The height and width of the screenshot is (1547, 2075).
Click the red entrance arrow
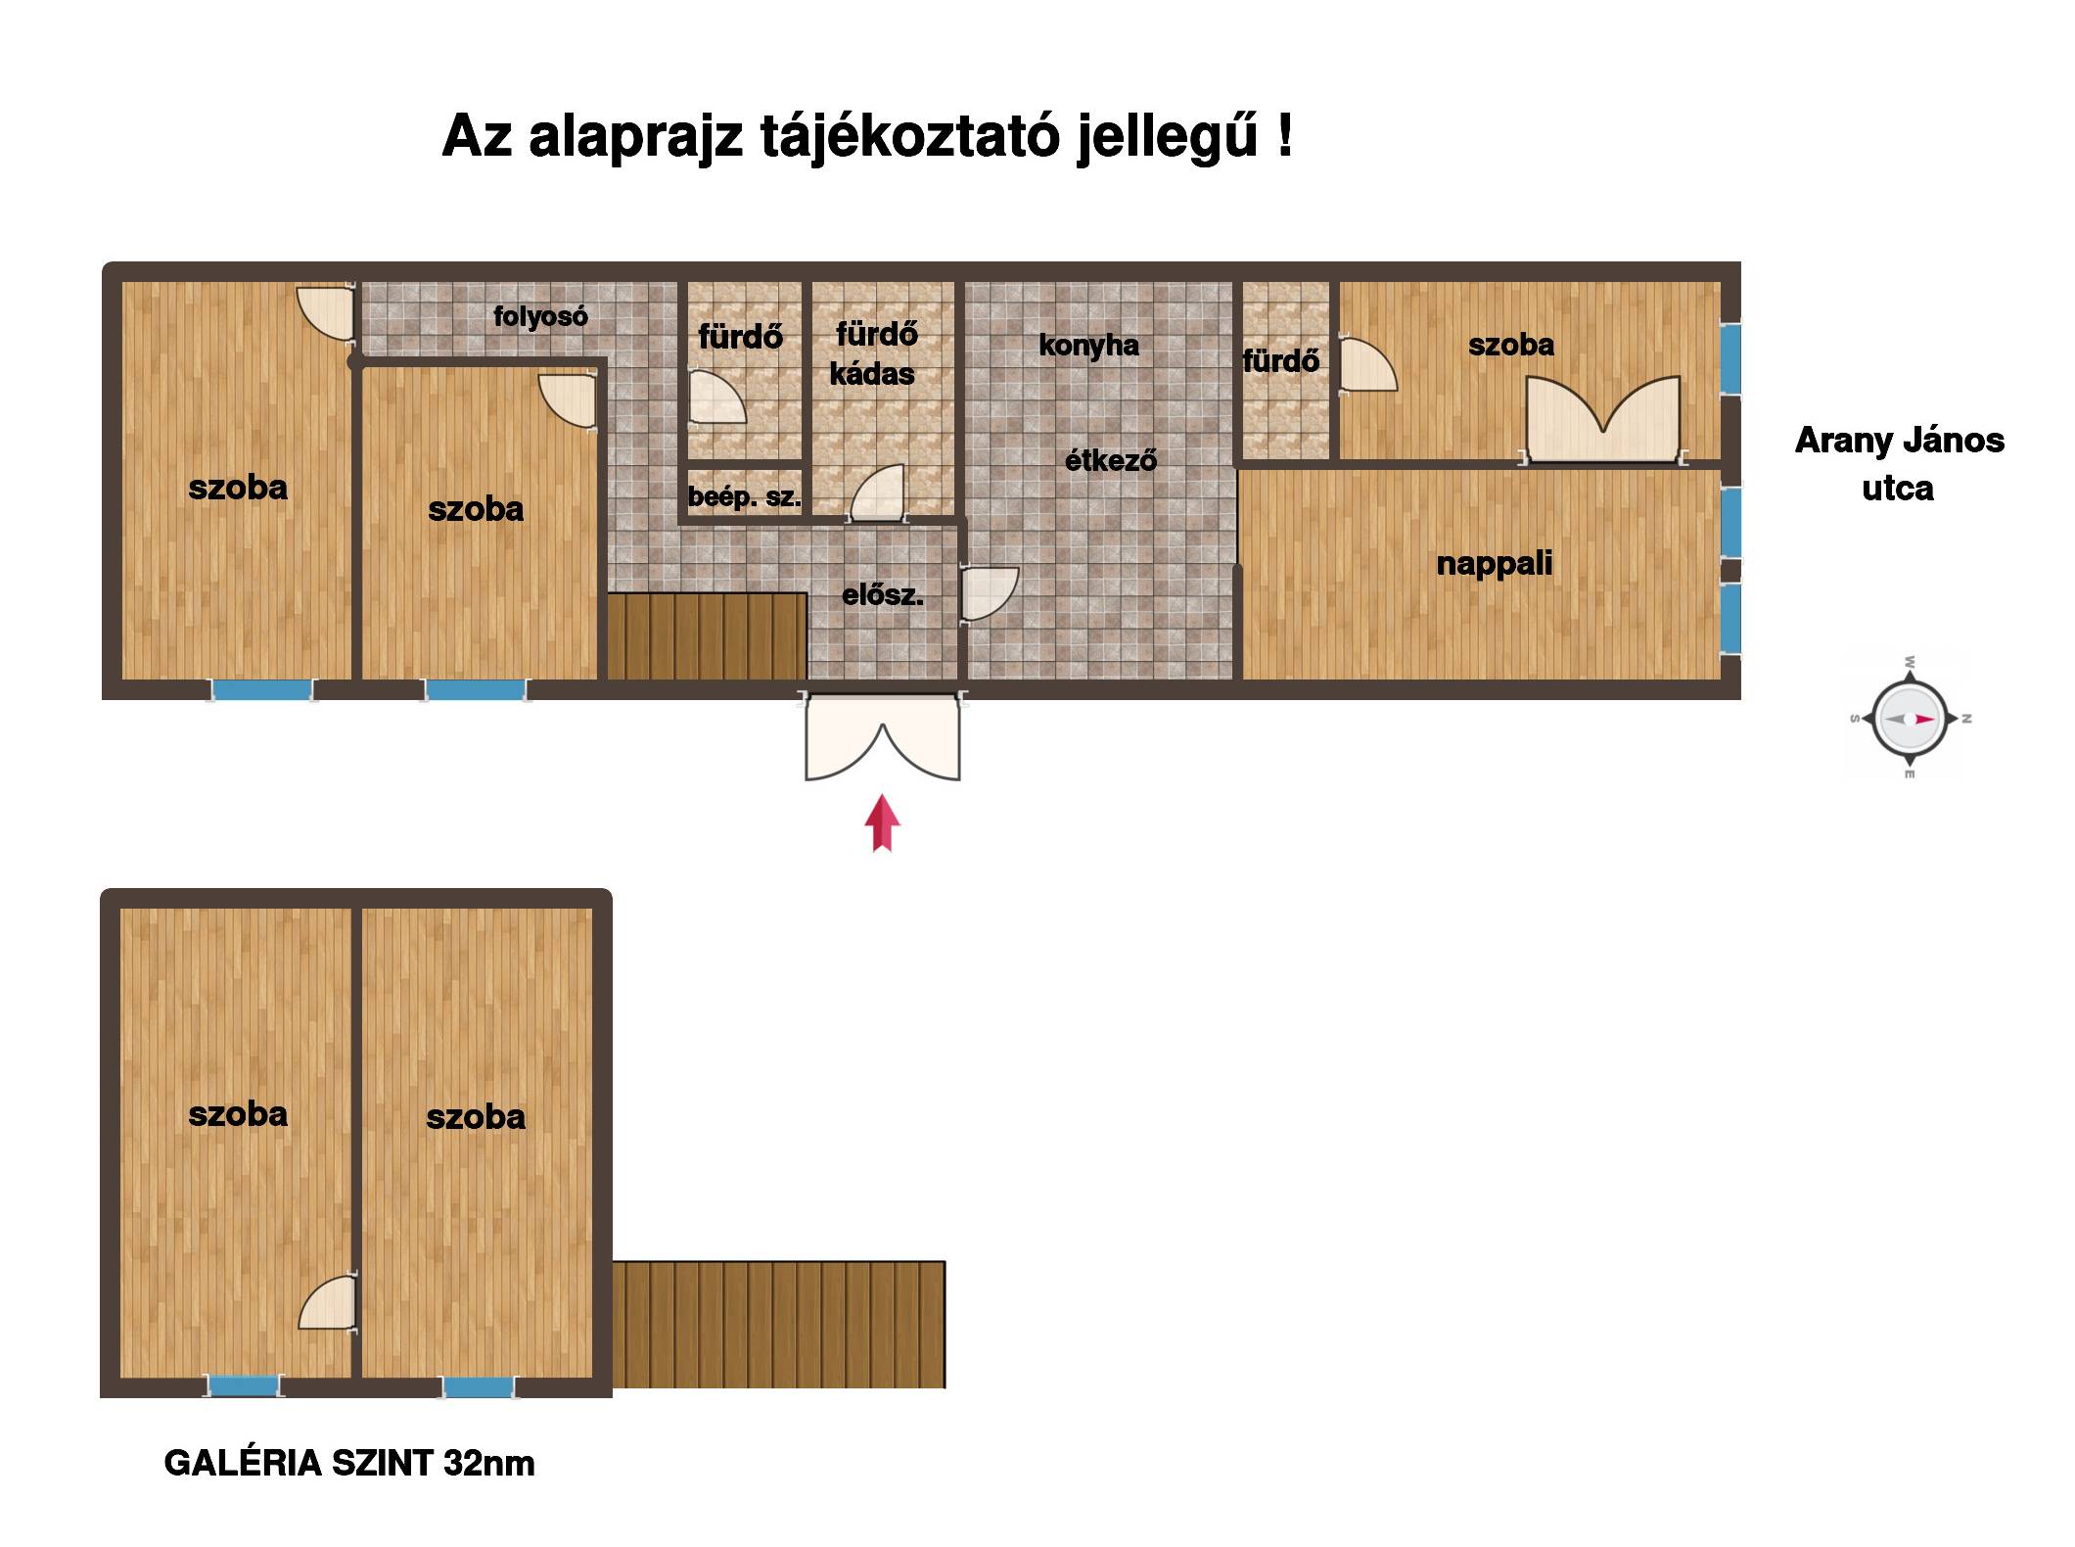pyautogui.click(x=882, y=822)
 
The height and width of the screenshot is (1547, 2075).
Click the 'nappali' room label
pyautogui.click(x=1494, y=565)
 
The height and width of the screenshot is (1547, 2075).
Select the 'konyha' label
pyautogui.click(x=1088, y=345)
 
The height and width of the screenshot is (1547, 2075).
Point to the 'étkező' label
pyautogui.click(x=1111, y=459)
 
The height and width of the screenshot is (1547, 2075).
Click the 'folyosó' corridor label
pyautogui.click(x=540, y=316)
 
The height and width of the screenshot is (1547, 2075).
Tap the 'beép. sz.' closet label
pyautogui.click(x=744, y=496)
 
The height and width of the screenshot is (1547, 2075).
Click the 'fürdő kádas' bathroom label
pyautogui.click(x=874, y=353)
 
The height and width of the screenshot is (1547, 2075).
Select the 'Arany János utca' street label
pyautogui.click(x=1899, y=464)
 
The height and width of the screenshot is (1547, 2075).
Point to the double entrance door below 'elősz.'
pyautogui.click(x=882, y=736)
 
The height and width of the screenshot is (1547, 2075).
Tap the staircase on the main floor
pyautogui.click(x=707, y=635)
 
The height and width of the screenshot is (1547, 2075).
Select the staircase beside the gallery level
pyautogui.click(x=779, y=1324)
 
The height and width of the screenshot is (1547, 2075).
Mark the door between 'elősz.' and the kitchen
pyautogui.click(x=990, y=592)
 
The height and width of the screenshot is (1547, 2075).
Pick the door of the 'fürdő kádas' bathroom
pyautogui.click(x=878, y=492)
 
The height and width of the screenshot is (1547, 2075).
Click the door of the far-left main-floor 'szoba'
pyautogui.click(x=326, y=313)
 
